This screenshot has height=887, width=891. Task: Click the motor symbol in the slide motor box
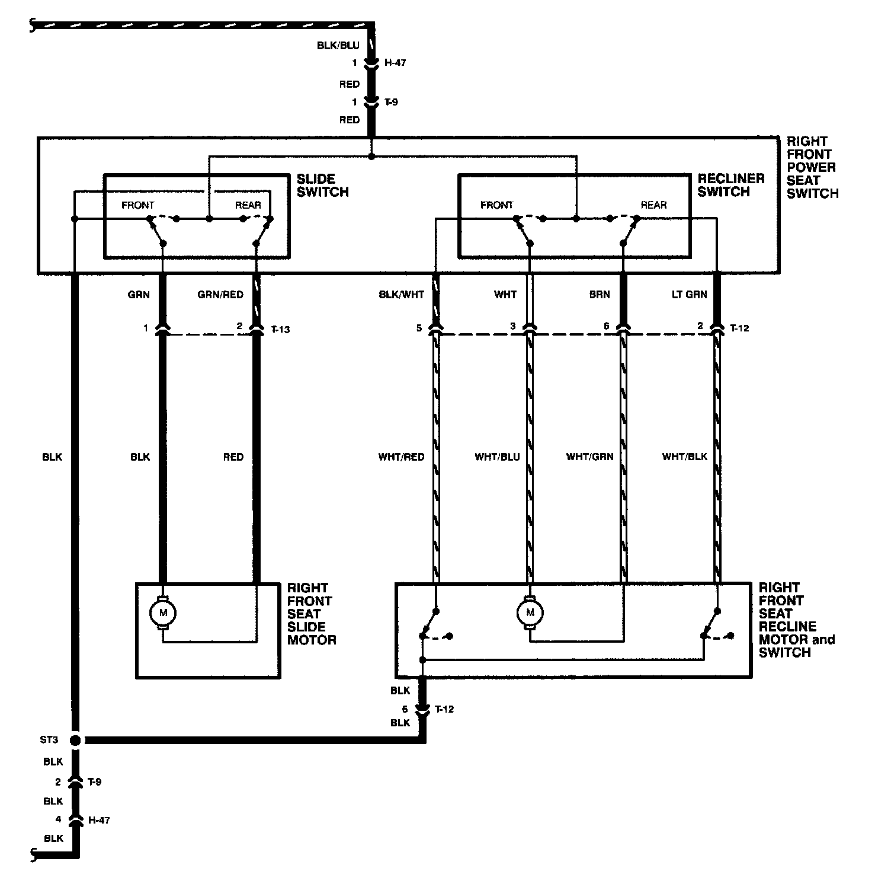163,612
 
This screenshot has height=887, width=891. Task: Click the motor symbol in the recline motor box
530,612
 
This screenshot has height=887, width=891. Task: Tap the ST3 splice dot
75,740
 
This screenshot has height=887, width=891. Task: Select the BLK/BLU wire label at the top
338,46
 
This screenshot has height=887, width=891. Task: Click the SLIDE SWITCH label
322,186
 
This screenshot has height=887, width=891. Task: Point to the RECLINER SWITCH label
730,185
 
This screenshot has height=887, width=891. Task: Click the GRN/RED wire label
220,295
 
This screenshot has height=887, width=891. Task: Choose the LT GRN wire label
689,295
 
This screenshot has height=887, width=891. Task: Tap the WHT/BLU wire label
497,457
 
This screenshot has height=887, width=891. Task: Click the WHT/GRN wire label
589,457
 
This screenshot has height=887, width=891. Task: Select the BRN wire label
600,295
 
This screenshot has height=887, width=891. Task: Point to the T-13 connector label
280,329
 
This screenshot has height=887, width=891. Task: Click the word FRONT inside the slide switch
137,205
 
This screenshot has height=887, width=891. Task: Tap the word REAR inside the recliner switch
653,205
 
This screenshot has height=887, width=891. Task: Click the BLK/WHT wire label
401,295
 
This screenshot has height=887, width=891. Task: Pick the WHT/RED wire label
401,457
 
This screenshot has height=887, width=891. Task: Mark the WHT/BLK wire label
684,457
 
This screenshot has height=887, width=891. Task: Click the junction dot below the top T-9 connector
371,157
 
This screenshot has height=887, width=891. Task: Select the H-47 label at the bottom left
100,820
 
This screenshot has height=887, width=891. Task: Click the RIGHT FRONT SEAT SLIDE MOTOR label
311,614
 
